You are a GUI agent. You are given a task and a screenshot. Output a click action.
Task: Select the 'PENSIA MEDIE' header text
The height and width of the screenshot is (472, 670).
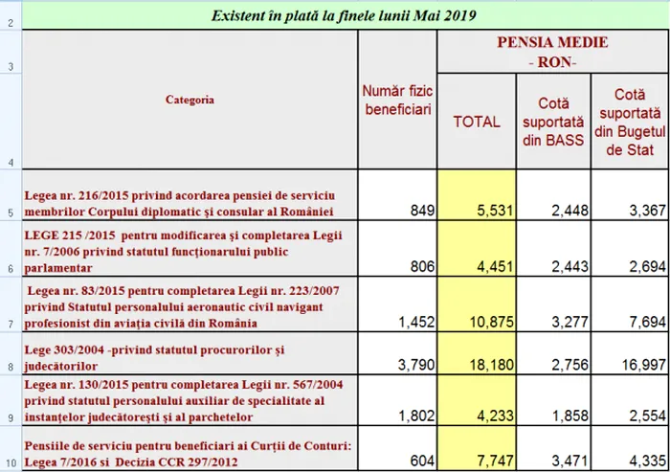point(552,44)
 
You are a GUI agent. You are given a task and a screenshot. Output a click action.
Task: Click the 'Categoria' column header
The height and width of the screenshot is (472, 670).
point(190,100)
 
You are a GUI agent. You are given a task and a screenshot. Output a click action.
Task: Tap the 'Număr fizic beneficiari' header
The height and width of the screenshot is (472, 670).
point(397,101)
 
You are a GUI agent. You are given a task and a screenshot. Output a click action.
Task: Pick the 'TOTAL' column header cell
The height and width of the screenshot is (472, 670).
point(477,122)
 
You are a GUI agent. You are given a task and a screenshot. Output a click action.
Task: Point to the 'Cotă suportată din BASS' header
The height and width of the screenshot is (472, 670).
point(553,121)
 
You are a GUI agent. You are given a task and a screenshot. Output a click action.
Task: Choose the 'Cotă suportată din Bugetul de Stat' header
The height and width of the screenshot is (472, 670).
point(628,121)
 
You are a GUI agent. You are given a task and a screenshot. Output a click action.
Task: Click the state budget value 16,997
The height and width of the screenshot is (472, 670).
point(633,364)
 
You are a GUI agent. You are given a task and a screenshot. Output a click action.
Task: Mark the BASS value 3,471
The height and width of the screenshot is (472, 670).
point(558,461)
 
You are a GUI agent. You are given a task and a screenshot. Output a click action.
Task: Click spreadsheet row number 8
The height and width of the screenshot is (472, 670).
point(10,367)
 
